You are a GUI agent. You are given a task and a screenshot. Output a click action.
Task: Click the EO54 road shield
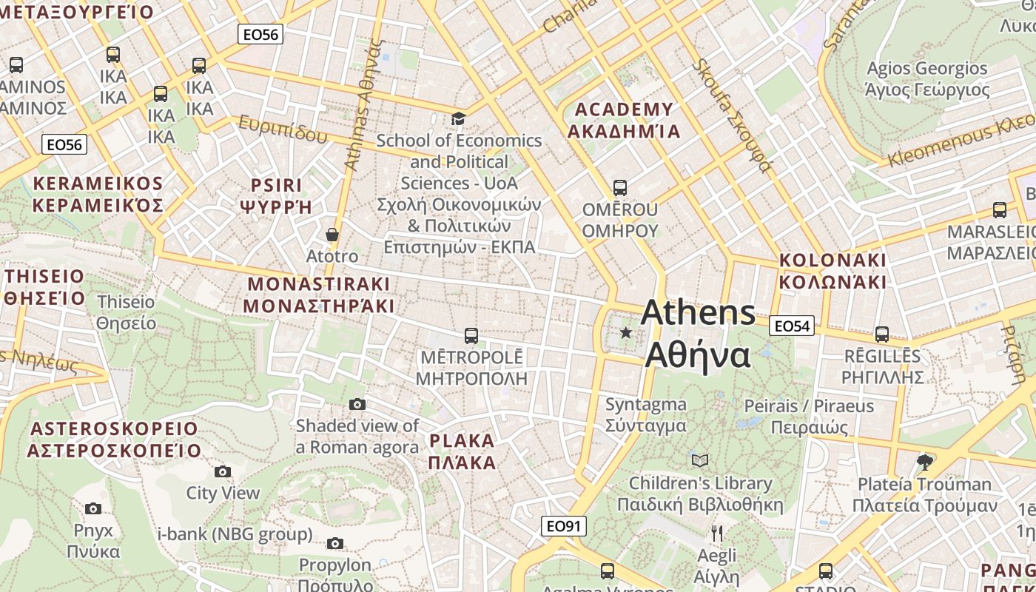pyautogui.click(x=791, y=326)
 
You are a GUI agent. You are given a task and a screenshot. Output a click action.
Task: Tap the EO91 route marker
pyautogui.click(x=563, y=526)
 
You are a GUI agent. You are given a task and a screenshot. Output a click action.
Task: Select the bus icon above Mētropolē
pyautogui.click(x=471, y=336)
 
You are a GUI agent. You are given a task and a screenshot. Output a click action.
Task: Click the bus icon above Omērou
pyautogui.click(x=620, y=188)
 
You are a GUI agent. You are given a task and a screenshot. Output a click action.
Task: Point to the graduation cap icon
pyautogui.click(x=458, y=118)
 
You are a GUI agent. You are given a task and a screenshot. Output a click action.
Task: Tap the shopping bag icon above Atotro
pyautogui.click(x=332, y=235)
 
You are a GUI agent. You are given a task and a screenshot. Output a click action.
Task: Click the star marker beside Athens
pyautogui.click(x=625, y=333)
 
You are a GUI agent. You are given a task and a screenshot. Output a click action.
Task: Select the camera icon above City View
pyautogui.click(x=222, y=472)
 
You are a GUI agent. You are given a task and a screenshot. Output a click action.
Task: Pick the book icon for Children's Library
pyautogui.click(x=699, y=460)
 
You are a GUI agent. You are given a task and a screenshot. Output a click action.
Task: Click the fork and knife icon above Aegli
pyautogui.click(x=716, y=533)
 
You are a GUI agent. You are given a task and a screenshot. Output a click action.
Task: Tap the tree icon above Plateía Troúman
pyautogui.click(x=924, y=462)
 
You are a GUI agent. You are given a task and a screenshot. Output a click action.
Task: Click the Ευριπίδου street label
pyautogui.click(x=283, y=129)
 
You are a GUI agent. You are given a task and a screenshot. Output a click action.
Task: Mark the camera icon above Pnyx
pyautogui.click(x=92, y=508)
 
